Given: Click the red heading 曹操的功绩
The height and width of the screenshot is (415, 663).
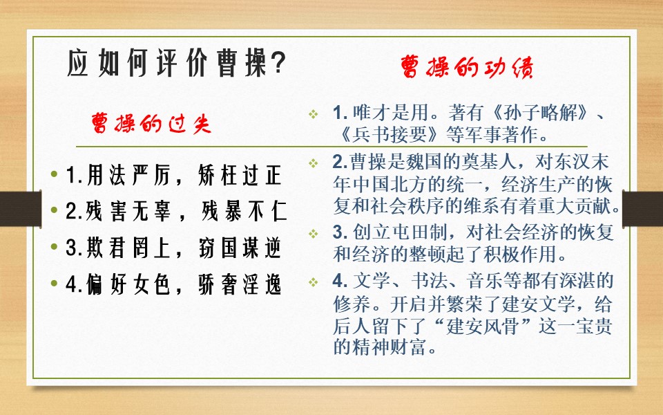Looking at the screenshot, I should [467, 68].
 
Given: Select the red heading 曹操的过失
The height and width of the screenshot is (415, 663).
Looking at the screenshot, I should [151, 123].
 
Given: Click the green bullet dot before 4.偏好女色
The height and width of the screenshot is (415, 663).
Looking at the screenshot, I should [55, 285].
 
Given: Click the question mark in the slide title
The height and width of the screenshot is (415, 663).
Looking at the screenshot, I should [276, 64].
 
